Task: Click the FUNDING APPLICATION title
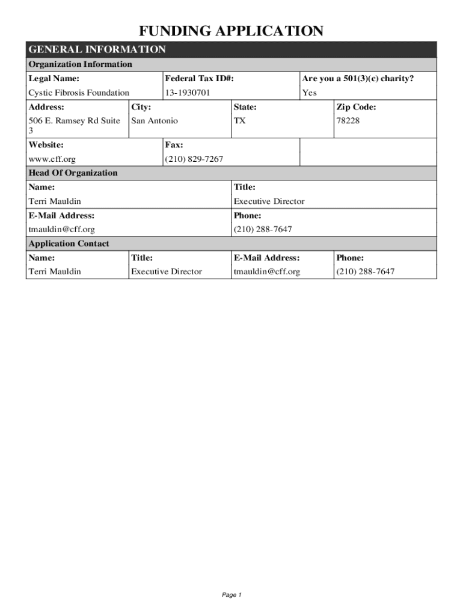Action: pos(231,31)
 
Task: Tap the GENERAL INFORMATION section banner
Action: pos(97,49)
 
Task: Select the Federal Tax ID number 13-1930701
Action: pos(188,93)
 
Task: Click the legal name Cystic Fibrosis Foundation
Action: pos(79,93)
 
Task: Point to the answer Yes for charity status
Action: pos(309,93)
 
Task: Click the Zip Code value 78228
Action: pos(346,121)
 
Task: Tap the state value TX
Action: pos(239,121)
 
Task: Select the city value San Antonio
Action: pos(155,121)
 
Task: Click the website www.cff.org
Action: pos(52,159)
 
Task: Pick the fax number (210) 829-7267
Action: pos(194,159)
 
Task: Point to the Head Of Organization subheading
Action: pos(73,173)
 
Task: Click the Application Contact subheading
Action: pos(69,244)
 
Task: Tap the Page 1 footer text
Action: pos(231,595)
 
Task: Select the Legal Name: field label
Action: pos(54,79)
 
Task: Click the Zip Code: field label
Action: pos(356,107)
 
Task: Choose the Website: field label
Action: pos(46,145)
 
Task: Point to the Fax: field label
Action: pos(174,145)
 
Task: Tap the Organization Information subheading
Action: pos(81,64)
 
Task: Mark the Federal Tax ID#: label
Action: pos(199,79)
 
